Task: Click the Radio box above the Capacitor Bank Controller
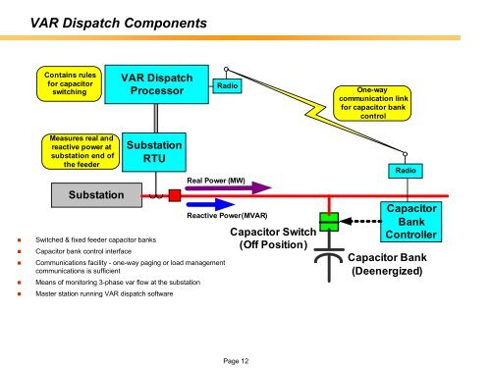click(406, 170)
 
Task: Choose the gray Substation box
click(96, 196)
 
